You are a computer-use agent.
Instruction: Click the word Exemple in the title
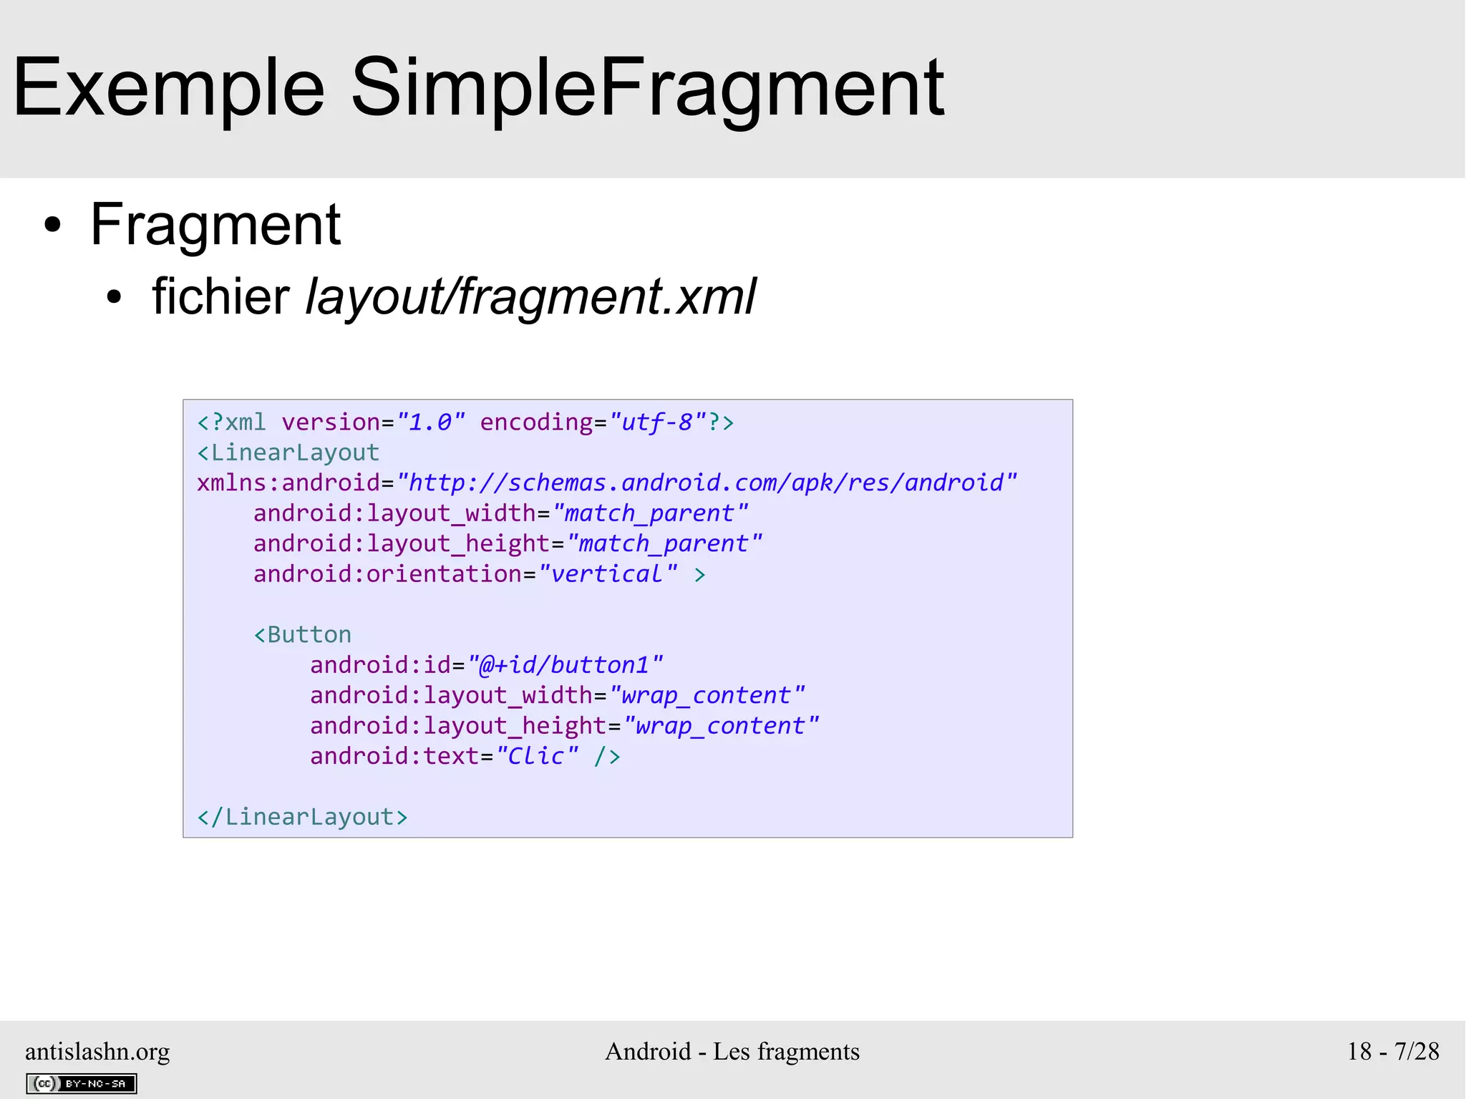(168, 88)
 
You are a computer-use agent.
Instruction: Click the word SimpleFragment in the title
(647, 88)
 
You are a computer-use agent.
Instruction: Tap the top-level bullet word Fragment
(215, 225)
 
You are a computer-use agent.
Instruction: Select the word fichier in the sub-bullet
(220, 296)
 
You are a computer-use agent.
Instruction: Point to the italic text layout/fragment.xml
(530, 296)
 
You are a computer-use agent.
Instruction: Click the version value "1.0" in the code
(431, 422)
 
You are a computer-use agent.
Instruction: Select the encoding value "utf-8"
(658, 422)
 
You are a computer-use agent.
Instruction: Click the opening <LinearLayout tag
(288, 452)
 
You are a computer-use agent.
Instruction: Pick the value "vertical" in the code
(608, 574)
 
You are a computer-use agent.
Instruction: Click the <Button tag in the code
(303, 635)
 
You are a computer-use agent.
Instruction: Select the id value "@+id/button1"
(565, 665)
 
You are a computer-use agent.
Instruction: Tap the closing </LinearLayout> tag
(302, 817)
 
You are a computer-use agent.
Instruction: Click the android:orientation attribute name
(387, 574)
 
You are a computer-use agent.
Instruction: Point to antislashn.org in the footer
(97, 1051)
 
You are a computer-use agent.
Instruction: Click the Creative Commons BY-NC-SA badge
(82, 1083)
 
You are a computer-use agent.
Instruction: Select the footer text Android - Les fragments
(732, 1051)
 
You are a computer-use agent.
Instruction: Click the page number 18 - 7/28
(1392, 1051)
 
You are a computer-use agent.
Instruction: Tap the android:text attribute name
(394, 756)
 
